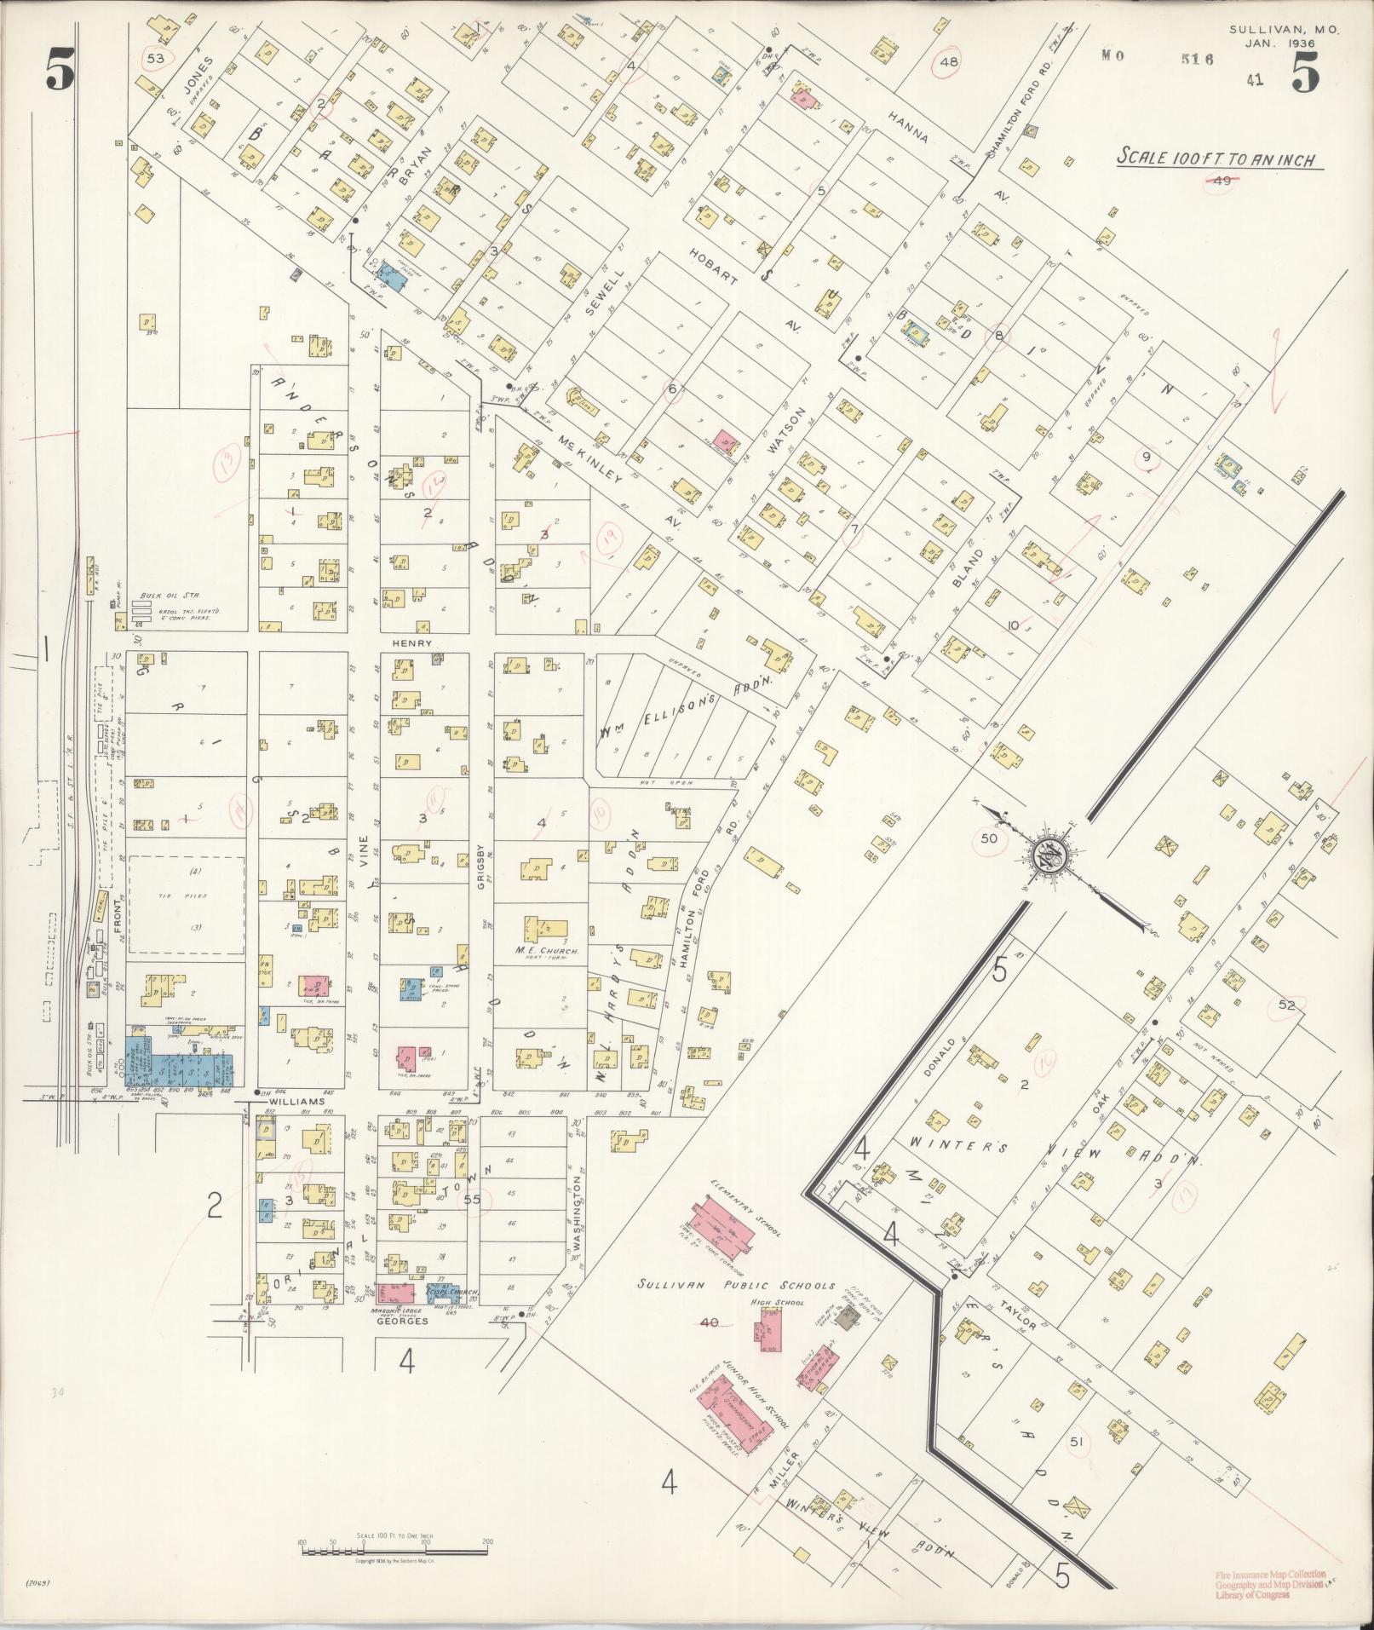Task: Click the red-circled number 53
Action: click(x=155, y=59)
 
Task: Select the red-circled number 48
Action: click(x=950, y=61)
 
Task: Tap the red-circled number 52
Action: click(x=1285, y=1005)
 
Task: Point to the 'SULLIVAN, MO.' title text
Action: click(x=1285, y=29)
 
